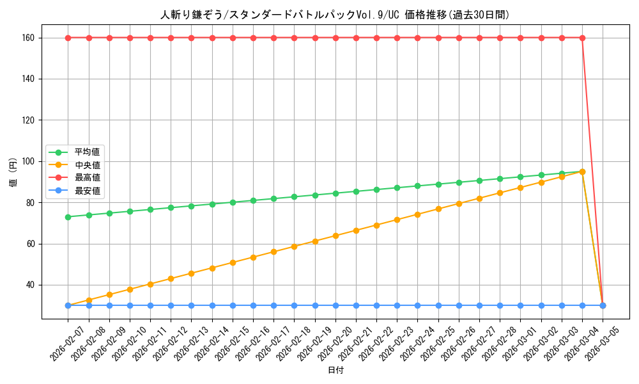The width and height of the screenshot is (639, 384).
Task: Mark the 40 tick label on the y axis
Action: point(30,285)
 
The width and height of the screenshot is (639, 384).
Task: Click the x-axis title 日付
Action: point(335,371)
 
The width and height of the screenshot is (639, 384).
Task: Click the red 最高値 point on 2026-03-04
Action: point(582,38)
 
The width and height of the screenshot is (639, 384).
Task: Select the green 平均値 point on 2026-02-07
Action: point(68,217)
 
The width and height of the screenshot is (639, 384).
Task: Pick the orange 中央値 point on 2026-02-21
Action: point(356,230)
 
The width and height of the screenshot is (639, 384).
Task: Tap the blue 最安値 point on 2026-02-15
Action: point(233,305)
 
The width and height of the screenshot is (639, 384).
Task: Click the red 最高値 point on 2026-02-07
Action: point(68,38)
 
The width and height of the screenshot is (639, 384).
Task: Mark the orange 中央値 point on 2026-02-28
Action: point(500,193)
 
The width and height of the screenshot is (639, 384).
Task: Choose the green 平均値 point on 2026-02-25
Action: point(438,184)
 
